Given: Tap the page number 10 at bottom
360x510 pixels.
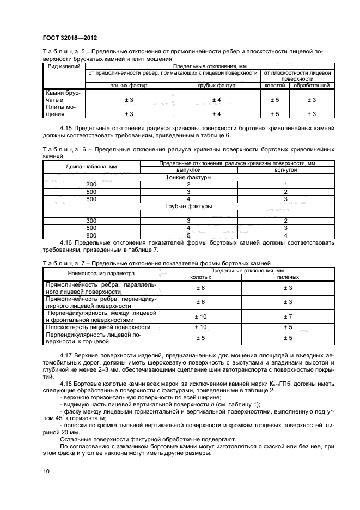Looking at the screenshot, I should pos(46,472).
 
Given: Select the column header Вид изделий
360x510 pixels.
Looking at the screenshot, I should pos(64,66).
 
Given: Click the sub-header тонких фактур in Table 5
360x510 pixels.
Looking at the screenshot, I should pos(129,86).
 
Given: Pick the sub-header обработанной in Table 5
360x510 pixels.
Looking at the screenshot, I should pos(311,86).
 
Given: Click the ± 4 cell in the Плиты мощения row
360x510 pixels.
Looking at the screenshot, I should pos(216,114).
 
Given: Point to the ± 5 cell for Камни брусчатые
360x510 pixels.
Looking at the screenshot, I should pos(274,100).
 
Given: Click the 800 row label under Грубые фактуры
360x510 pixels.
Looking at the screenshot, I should pos(91,235).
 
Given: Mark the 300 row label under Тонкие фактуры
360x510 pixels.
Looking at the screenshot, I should pos(91,185).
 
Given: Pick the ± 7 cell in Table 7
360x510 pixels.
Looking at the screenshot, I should pos(290,317).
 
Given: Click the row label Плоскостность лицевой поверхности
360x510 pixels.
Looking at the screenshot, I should pos(98,327).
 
